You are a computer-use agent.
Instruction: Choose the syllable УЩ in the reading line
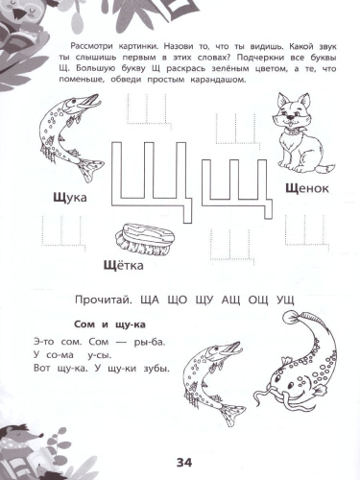(x=285, y=299)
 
